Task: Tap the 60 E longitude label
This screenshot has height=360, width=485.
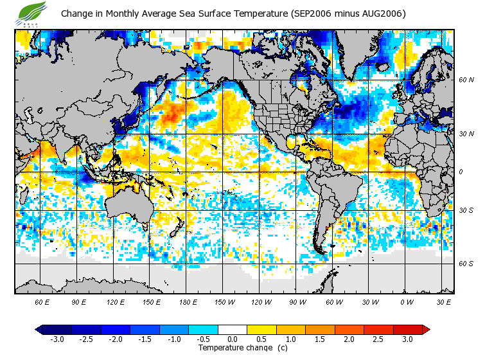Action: point(42,302)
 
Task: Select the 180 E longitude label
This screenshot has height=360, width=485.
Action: point(189,302)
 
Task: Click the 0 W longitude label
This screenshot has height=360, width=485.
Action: point(407,302)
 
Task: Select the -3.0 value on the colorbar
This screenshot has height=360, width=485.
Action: point(57,339)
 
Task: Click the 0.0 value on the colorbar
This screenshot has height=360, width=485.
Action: point(233,339)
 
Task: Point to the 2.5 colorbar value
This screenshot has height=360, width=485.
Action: point(378,339)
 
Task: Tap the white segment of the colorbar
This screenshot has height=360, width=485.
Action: point(233,330)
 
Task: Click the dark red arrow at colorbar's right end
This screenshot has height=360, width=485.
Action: point(425,330)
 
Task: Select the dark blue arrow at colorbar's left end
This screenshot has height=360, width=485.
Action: point(39,330)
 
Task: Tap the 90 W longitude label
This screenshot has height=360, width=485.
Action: point(298,302)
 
